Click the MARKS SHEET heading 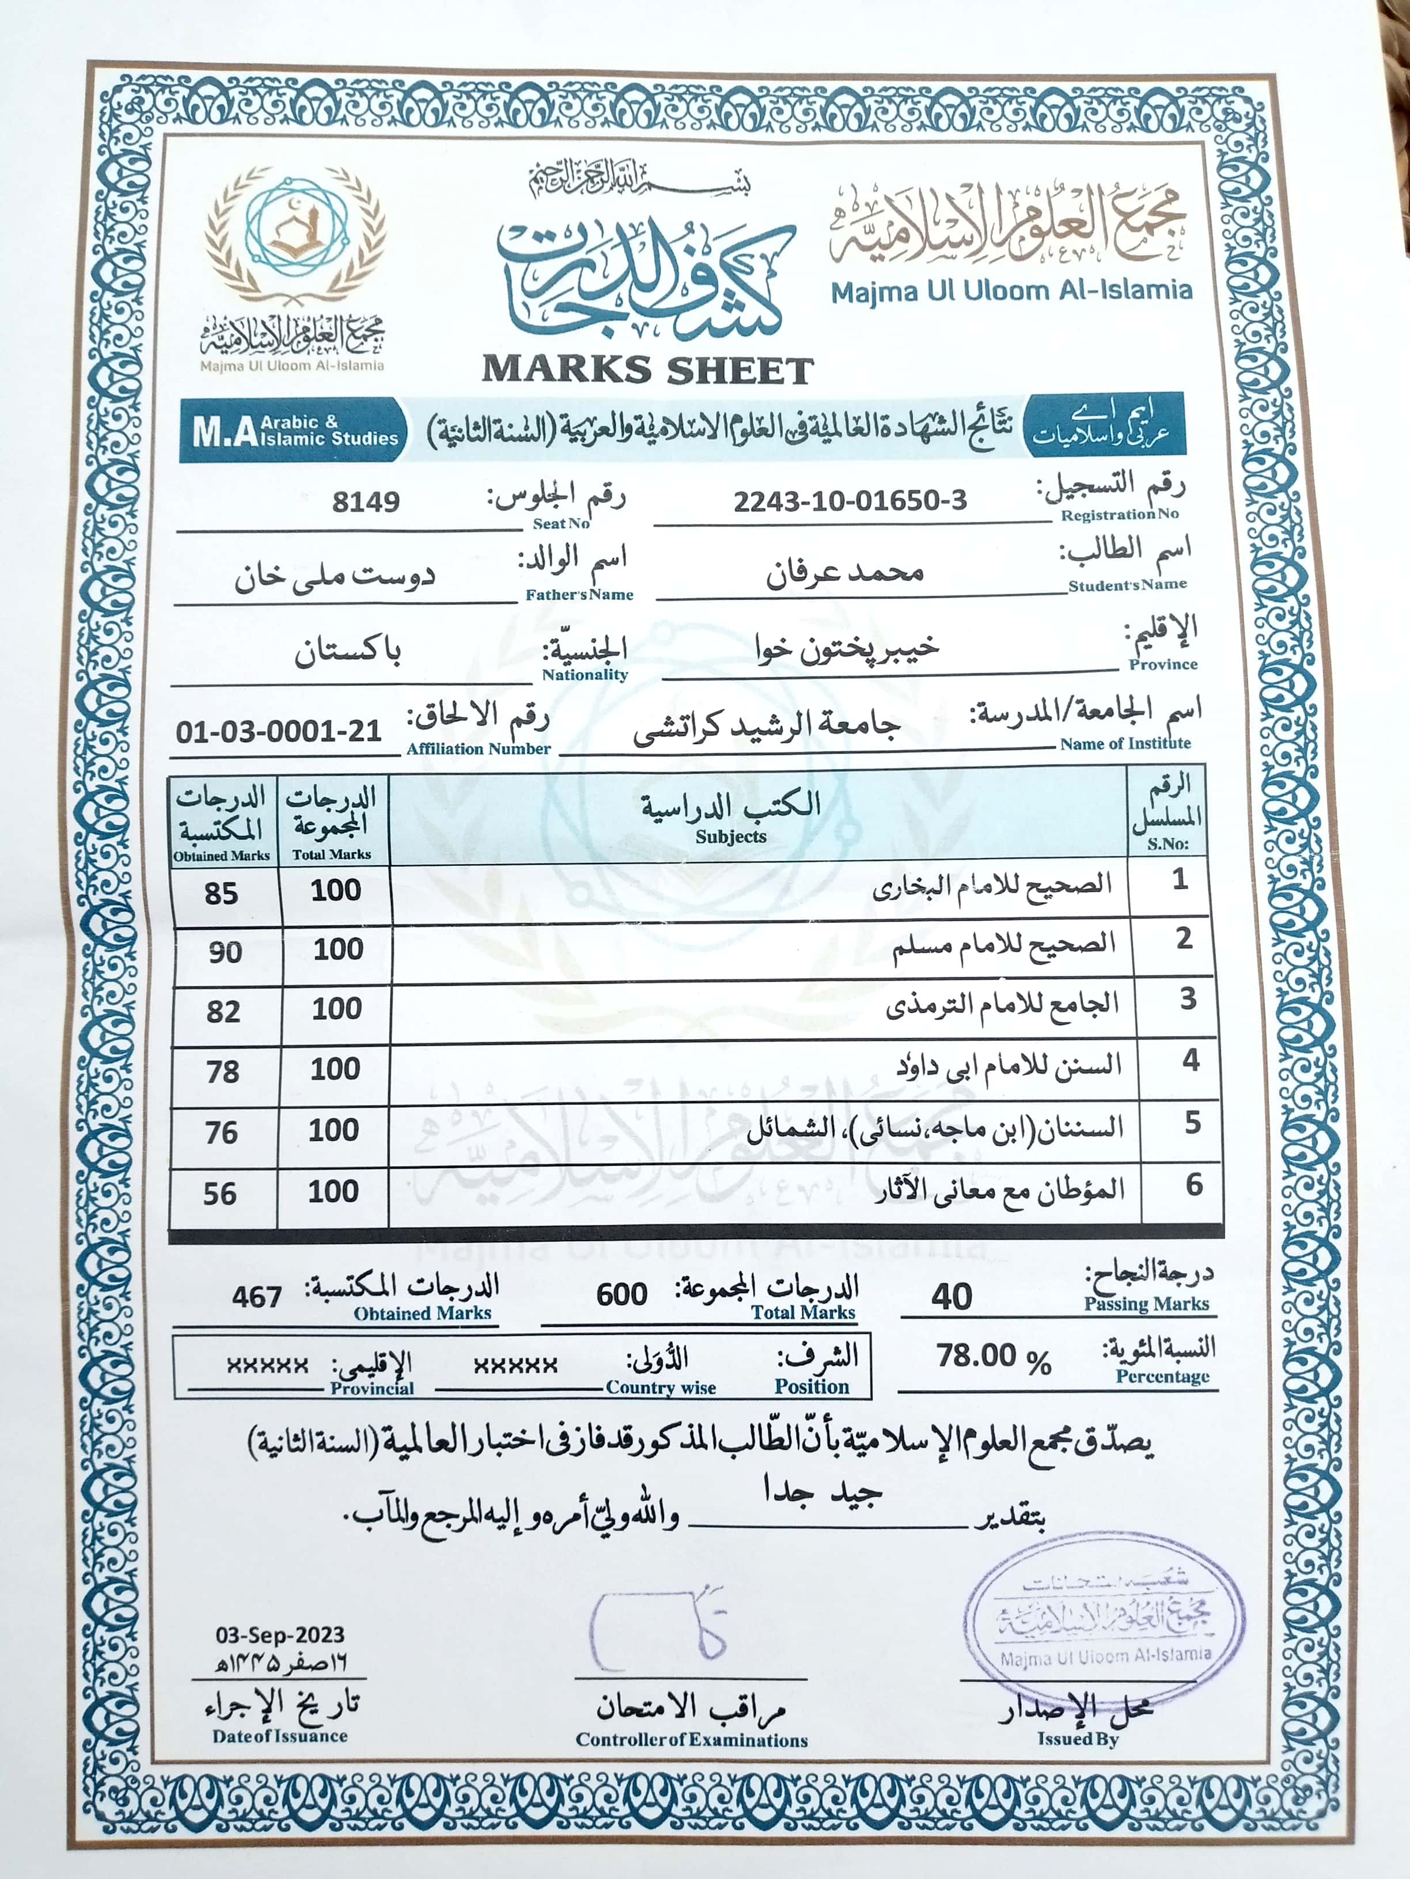647,370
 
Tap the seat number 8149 366,501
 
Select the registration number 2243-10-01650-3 850,500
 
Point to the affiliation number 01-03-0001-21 279,731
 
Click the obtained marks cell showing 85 221,893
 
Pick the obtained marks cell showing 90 225,952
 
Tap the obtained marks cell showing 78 223,1072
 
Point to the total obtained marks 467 257,1296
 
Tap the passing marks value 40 951,1296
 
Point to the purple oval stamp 1104,1621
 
